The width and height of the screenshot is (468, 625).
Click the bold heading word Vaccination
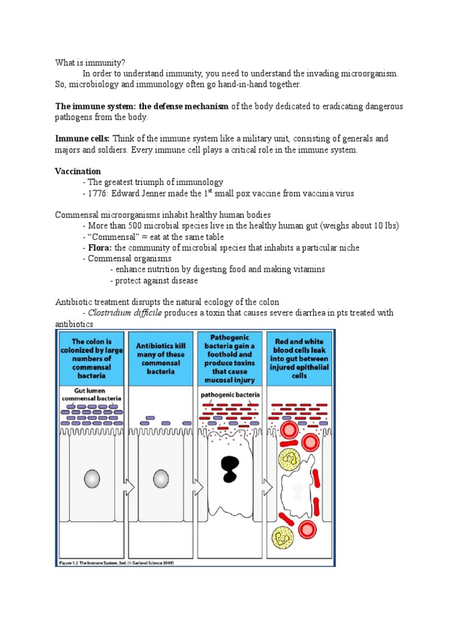coord(78,172)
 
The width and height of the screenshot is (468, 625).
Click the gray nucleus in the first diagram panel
coord(91,479)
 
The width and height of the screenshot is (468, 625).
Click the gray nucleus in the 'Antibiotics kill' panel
coord(161,479)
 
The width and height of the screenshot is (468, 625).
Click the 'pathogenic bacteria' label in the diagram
coord(230,395)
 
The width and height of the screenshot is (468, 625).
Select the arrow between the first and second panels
coord(129,486)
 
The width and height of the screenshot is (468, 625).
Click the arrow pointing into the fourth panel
coord(267,486)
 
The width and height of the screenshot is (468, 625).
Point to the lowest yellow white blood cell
coord(284,537)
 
